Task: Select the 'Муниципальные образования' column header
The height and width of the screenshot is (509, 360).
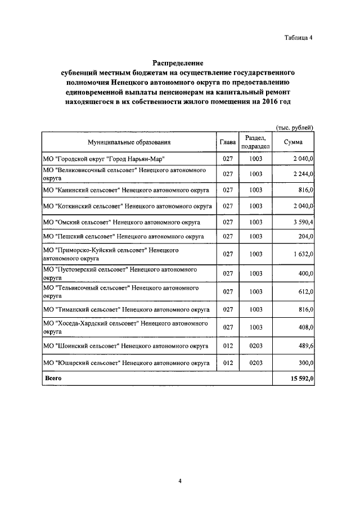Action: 129,142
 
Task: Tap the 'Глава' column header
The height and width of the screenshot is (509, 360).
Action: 227,142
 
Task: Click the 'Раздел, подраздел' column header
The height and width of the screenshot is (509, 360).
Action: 256,142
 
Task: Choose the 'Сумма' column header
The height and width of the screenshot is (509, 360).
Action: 293,142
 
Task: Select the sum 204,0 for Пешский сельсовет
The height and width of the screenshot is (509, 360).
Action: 304,236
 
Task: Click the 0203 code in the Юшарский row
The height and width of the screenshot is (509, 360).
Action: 256,363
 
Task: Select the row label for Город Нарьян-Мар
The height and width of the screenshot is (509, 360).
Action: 103,159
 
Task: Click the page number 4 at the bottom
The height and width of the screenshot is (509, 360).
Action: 180,481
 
